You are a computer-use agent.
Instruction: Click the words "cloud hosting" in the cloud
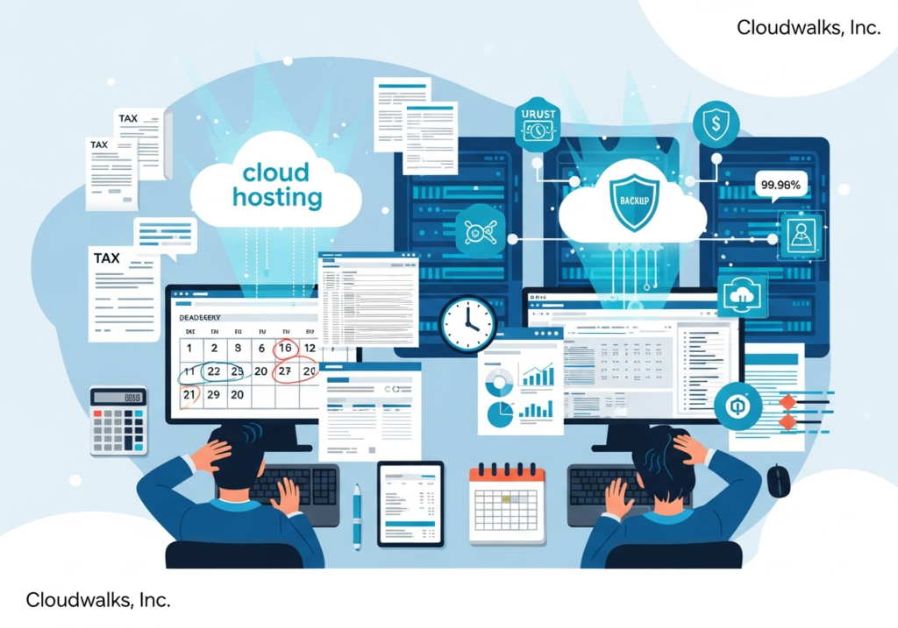277,184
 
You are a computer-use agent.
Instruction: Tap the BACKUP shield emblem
633,201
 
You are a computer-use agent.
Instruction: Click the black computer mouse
778,480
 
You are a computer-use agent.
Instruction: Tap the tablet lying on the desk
410,503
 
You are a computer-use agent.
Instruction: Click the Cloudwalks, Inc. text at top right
808,27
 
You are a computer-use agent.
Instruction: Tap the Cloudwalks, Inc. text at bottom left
97,600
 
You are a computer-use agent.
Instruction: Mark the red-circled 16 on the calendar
285,349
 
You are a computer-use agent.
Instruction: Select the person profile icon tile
801,235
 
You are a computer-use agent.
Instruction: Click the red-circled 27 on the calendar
284,371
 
